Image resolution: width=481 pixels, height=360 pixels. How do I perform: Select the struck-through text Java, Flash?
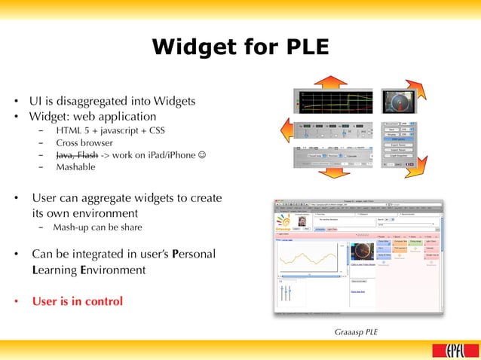pos(76,155)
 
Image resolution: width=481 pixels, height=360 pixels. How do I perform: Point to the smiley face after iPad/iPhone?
pos(204,155)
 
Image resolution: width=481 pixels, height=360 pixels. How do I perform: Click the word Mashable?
pos(75,167)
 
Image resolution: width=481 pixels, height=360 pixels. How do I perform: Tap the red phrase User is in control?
pos(77,301)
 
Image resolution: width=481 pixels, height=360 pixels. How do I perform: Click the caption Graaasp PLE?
pos(356,331)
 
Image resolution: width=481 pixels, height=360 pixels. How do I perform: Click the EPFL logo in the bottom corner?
pos(449,349)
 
